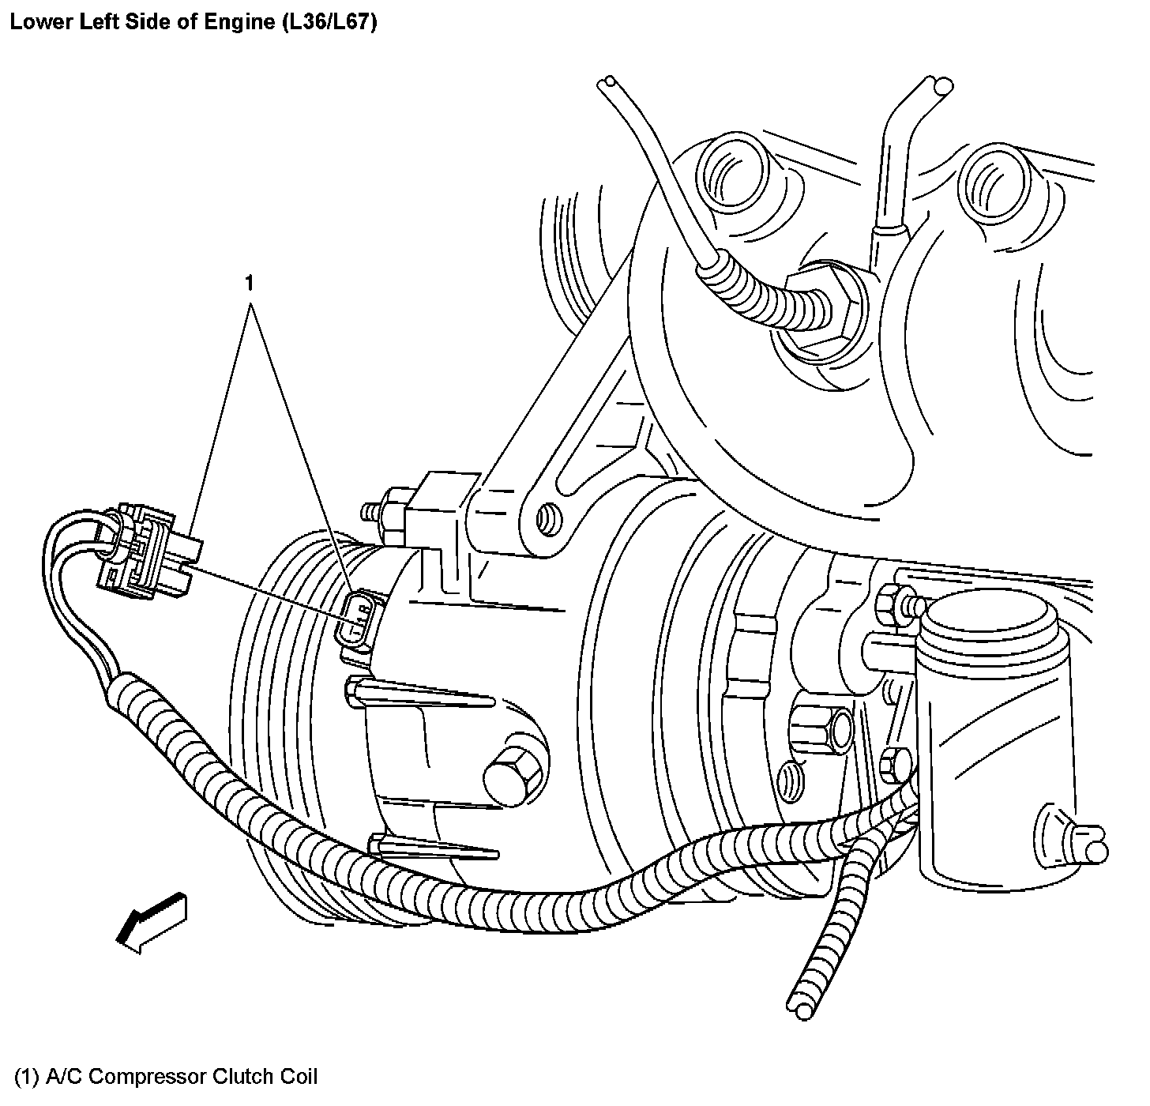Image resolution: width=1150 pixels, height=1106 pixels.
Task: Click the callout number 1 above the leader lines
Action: tap(250, 283)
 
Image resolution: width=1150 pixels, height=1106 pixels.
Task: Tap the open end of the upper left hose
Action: tap(609, 83)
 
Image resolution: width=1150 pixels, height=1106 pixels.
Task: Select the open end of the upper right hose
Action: tap(940, 85)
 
